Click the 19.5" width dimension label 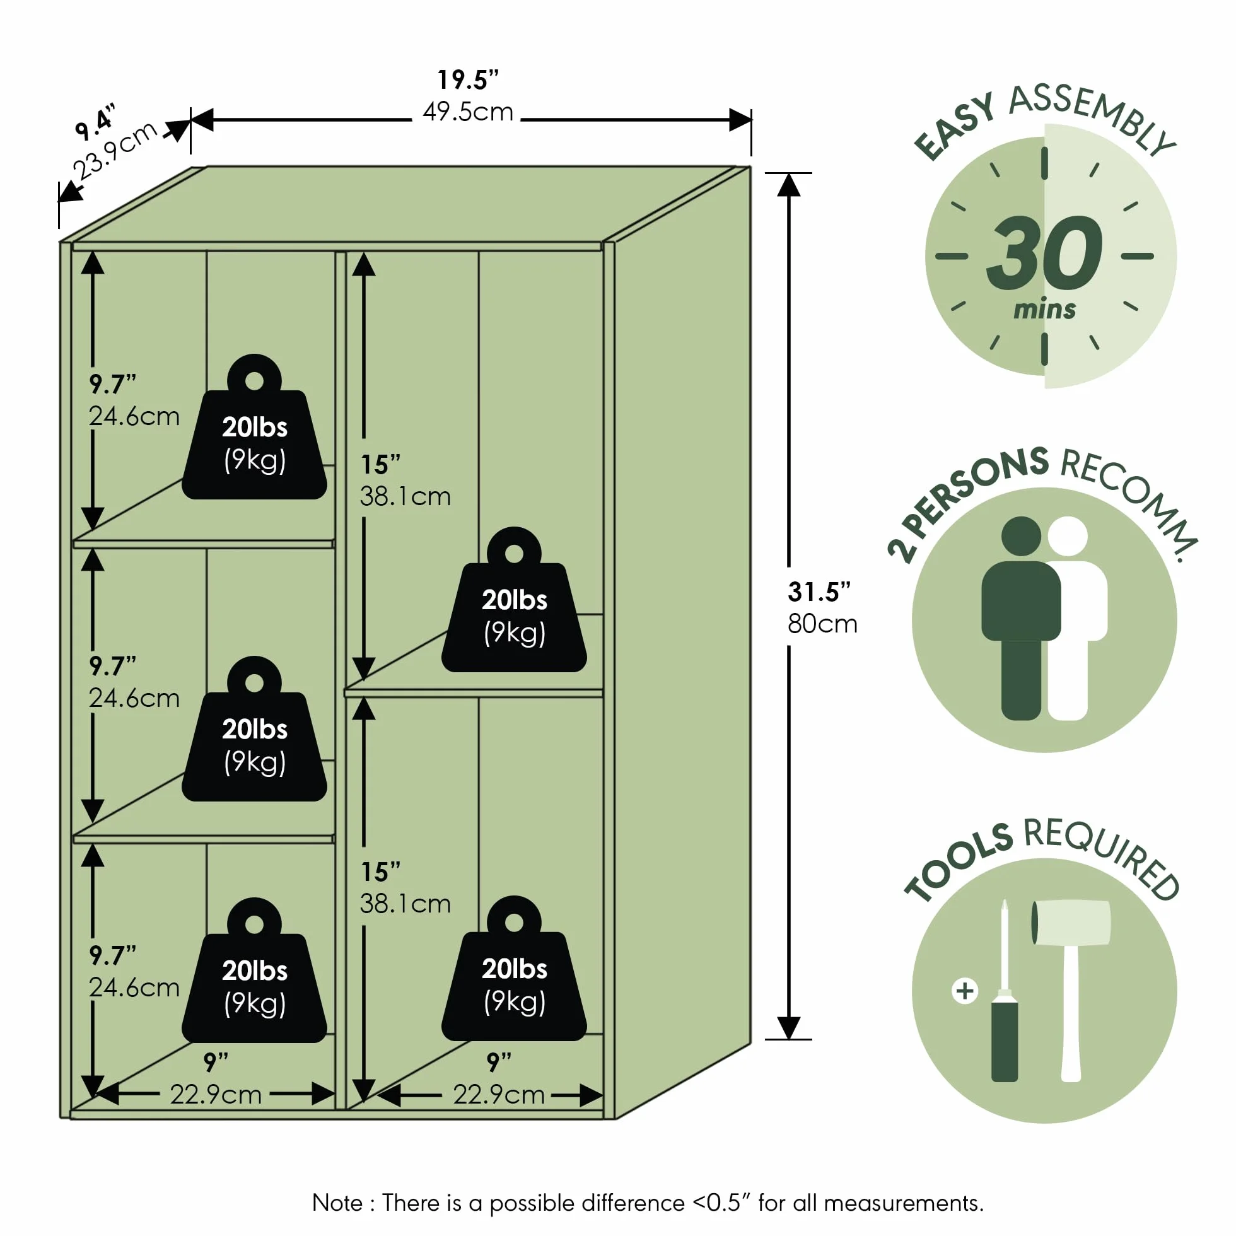468,80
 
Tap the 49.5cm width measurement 468,112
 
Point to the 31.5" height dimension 819,592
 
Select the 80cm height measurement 822,624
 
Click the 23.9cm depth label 115,150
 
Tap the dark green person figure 1020,617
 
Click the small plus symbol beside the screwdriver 965,991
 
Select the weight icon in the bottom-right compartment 514,969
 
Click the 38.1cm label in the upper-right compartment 405,496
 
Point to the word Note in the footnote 337,1203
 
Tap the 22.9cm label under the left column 216,1095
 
